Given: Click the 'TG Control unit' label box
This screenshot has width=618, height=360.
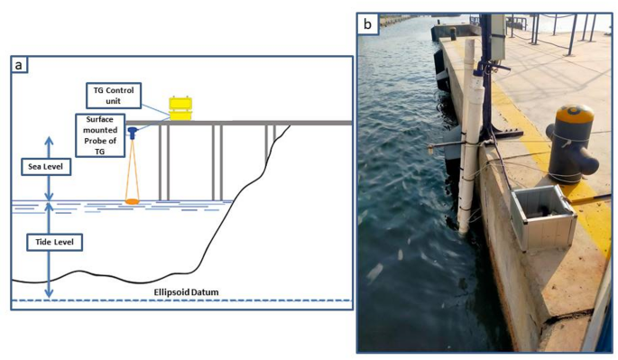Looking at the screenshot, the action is click(114, 96).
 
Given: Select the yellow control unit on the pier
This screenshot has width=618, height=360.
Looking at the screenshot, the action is click(180, 108).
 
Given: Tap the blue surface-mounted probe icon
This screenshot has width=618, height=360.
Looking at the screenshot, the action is click(133, 133).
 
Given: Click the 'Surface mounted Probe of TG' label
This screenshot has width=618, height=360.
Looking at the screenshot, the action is click(100, 135).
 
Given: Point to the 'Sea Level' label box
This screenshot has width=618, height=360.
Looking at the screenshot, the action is click(46, 166).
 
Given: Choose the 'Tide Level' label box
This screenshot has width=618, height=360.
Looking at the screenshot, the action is click(54, 242).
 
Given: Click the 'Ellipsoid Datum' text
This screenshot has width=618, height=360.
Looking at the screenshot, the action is click(186, 292).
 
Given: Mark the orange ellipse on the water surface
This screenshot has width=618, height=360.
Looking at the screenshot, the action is click(132, 201).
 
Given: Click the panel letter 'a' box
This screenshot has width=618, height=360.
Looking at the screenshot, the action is click(19, 65).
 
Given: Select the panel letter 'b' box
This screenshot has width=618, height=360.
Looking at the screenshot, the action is click(367, 24).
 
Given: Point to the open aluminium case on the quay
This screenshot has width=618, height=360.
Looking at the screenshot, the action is click(543, 218).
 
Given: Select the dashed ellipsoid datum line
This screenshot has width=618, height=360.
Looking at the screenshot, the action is click(181, 300).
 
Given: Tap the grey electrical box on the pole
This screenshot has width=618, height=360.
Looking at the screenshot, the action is click(498, 38).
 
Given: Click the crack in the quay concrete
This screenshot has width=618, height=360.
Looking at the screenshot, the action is click(567, 315).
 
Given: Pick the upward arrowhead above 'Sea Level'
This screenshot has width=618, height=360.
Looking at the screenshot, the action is click(49, 141).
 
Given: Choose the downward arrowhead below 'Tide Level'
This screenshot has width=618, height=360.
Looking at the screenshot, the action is click(49, 293).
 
